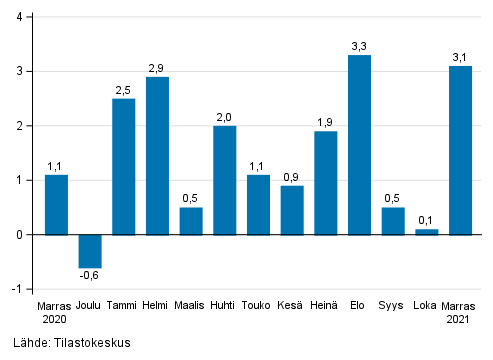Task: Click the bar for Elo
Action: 359,145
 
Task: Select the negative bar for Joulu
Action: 90,250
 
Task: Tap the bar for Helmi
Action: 157,156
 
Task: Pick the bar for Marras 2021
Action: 460,150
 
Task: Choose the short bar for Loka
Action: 426,232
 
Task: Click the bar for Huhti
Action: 225,180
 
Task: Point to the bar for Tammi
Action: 124,166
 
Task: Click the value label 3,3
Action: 359,46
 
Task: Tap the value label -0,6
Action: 90,276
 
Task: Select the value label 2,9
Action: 157,68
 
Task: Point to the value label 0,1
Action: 426,220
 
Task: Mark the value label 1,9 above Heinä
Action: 326,122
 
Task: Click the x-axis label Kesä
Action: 292,305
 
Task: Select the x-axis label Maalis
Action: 191,305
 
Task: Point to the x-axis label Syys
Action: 393,305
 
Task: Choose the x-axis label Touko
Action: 258,305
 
